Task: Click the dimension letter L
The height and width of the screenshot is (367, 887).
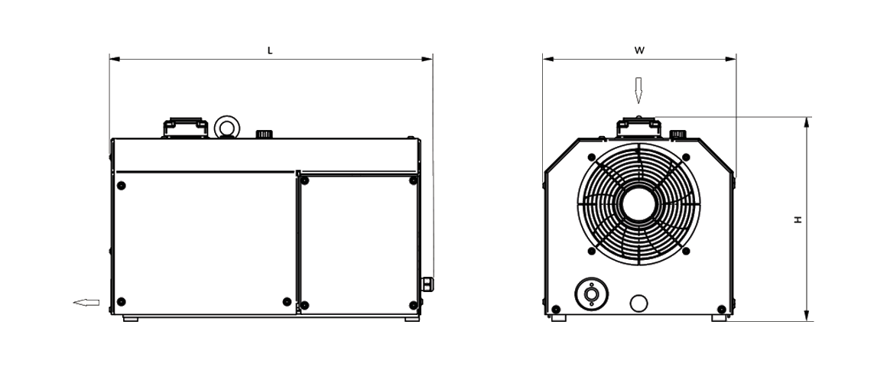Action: click(270, 50)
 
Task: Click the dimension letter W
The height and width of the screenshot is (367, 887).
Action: click(639, 50)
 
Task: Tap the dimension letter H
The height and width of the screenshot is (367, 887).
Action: click(798, 219)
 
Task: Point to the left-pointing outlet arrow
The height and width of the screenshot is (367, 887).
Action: click(86, 303)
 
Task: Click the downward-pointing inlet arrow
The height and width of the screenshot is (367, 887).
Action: click(638, 90)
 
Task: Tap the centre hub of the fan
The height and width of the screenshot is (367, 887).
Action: click(638, 204)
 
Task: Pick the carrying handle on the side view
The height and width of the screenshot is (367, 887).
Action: click(185, 128)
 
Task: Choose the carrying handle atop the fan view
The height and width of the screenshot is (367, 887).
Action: click(638, 127)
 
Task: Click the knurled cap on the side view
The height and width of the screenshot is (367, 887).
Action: click(264, 134)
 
